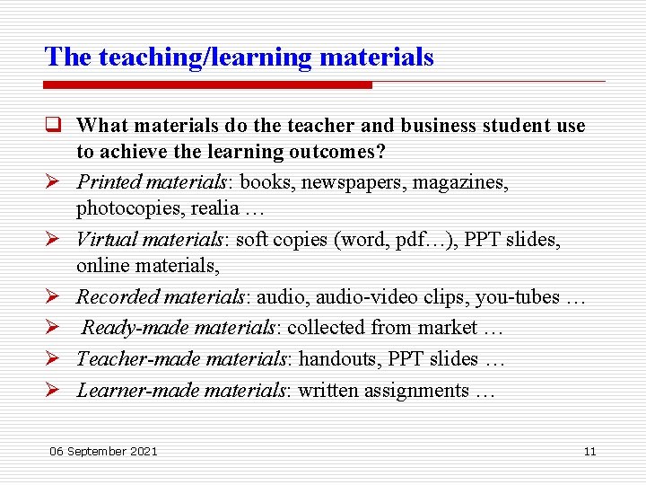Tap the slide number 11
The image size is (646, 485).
coord(589,451)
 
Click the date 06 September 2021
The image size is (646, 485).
coord(104,451)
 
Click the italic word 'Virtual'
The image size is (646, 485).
coord(105,240)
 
